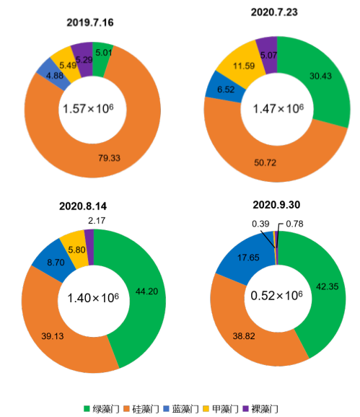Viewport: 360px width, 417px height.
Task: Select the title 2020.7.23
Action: (x=276, y=12)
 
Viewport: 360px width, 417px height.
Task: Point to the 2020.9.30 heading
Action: (x=277, y=205)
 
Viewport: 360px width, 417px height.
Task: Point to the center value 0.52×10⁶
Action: (x=276, y=296)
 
